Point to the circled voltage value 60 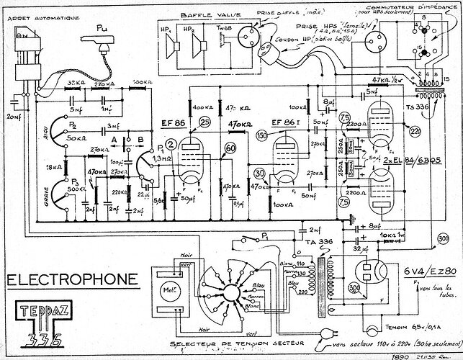pos(230,150)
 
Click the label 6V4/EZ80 pos(429,270)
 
